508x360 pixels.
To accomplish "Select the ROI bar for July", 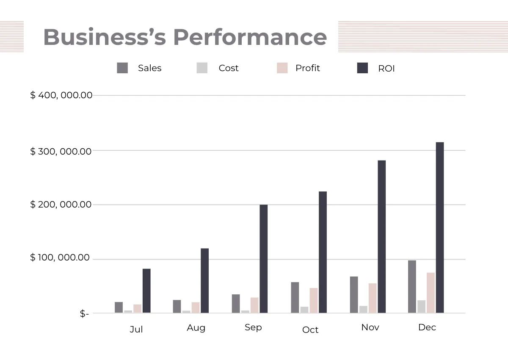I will (x=146, y=291).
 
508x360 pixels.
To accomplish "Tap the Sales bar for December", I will (x=412, y=287).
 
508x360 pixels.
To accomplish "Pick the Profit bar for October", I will (x=314, y=301).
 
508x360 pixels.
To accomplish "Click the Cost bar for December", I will (x=421, y=307).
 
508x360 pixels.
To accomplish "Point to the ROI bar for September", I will (x=263, y=259).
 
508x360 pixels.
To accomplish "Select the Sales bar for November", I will (x=354, y=295).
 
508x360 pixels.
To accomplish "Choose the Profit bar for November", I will (x=373, y=298).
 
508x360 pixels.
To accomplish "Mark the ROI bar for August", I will (x=204, y=281).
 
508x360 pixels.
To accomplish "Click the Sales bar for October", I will (x=295, y=298).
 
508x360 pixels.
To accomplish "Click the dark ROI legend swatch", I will (x=362, y=68).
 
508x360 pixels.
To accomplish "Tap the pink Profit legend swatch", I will (x=282, y=68).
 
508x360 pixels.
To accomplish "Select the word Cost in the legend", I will (x=229, y=68).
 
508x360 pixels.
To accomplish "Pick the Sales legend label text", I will (x=149, y=68).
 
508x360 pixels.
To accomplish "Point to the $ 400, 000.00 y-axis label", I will (x=61, y=95).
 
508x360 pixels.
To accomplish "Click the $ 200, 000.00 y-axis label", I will (x=61, y=205).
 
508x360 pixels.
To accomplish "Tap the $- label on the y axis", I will (x=84, y=314).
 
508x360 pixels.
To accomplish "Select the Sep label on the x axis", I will (x=253, y=327).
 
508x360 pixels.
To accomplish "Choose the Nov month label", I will (x=370, y=327).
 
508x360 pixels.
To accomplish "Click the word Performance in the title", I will (x=250, y=37).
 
